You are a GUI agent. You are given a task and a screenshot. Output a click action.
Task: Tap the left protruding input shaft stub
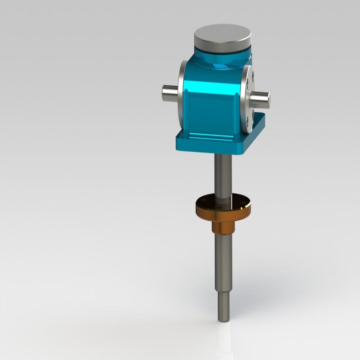click(x=170, y=93)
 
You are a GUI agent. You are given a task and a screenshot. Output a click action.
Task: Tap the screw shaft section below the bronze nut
click(x=224, y=263)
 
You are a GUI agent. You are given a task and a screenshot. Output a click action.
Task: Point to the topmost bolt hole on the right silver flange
click(x=253, y=76)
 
